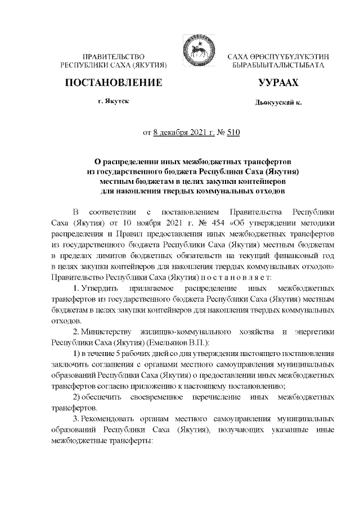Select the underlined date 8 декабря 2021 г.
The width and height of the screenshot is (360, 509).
point(181,133)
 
